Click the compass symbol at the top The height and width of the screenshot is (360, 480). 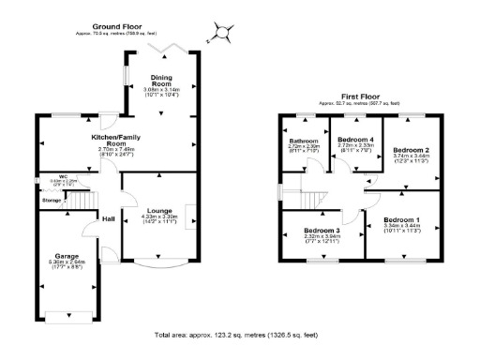coord(223,32)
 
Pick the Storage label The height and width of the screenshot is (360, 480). coord(52,200)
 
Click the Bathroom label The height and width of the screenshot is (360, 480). coord(305,141)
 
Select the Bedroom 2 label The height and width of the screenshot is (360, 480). coord(411,150)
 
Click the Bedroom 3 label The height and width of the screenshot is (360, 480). coord(321,230)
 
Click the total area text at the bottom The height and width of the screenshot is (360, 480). coord(241,335)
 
